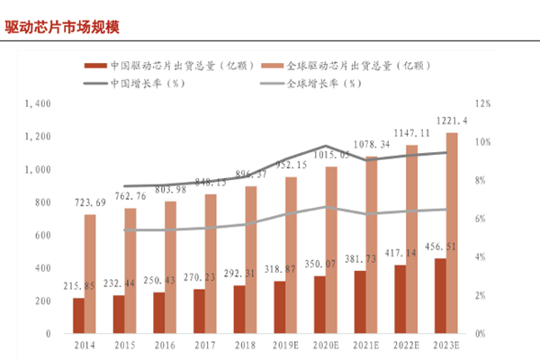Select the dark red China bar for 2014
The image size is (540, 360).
point(78,315)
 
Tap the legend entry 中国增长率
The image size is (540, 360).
point(147,84)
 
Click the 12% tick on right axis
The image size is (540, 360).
point(482,103)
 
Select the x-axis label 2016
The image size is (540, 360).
point(165,345)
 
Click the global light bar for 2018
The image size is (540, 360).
point(251,259)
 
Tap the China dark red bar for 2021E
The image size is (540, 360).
point(360,301)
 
